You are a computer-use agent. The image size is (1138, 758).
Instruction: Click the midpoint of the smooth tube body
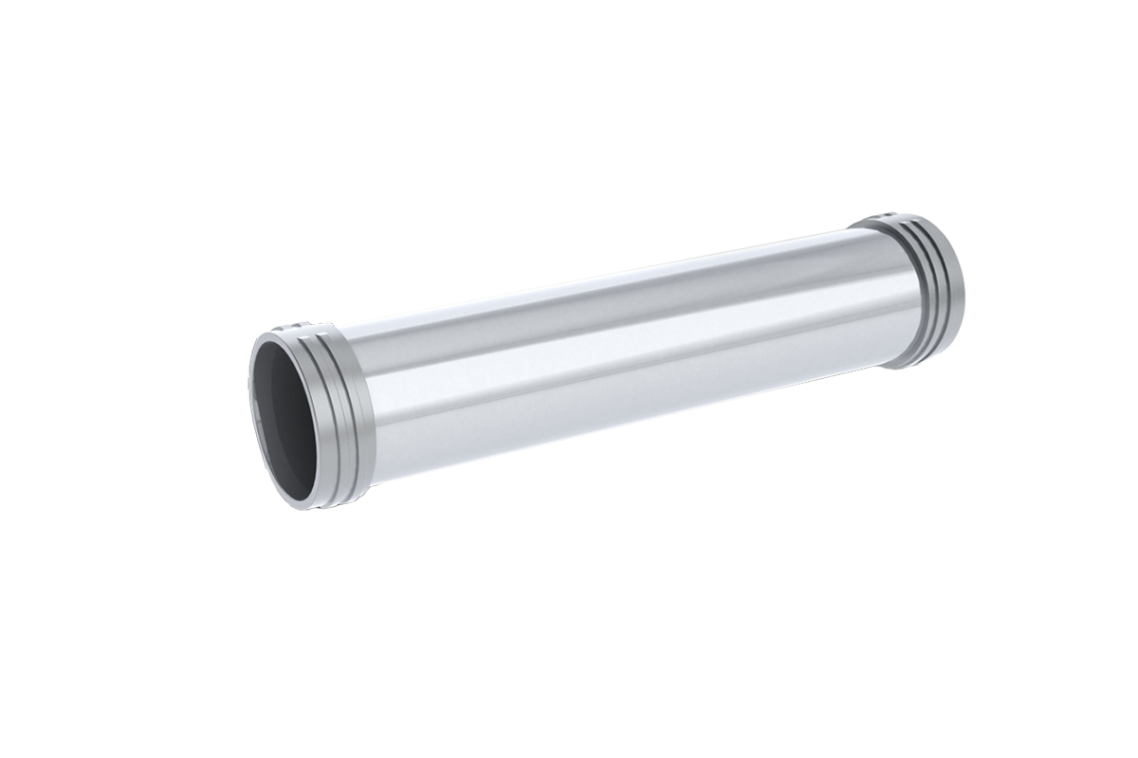pyautogui.click(x=616, y=351)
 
